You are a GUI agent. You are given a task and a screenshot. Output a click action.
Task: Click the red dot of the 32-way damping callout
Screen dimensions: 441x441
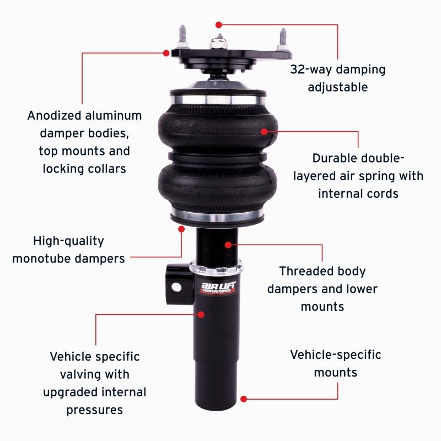pos(219,24)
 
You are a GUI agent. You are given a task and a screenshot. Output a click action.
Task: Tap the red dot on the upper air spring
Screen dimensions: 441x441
pos(265,131)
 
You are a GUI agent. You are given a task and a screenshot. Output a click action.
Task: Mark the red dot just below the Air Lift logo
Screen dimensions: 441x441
pos(201,314)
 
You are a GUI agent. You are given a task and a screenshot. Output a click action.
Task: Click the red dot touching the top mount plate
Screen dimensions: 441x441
pos(166,53)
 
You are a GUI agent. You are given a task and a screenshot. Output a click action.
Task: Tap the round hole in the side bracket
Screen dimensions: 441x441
pos(176,287)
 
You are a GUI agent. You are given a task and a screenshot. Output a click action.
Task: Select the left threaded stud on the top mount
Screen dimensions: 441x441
pos(181,39)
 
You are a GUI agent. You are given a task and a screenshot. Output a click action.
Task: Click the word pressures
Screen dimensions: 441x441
pos(95,410)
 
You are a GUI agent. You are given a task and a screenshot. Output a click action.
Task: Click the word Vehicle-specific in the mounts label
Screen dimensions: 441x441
pos(335,354)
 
